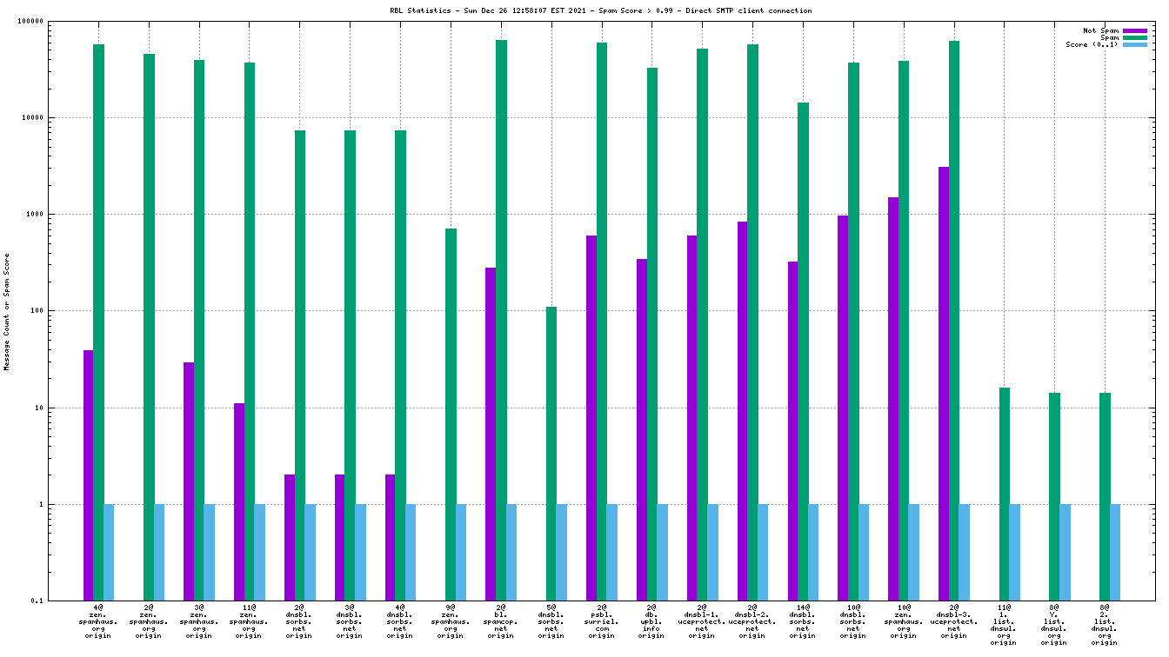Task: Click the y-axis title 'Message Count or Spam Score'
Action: pyautogui.click(x=7, y=312)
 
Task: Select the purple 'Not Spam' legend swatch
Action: pyautogui.click(x=1135, y=30)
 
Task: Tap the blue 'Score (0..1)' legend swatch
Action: pyautogui.click(x=1135, y=44)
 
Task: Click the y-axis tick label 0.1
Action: pyautogui.click(x=61, y=601)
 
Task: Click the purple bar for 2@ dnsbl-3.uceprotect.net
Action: pyautogui.click(x=944, y=382)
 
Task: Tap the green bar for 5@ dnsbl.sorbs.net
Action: pyautogui.click(x=551, y=453)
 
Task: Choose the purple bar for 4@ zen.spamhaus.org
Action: pyautogui.click(x=89, y=474)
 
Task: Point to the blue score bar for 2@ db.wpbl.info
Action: pyautogui.click(x=662, y=552)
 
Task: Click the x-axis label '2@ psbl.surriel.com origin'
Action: pyautogui.click(x=601, y=620)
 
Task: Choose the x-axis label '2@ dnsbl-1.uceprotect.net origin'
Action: pyautogui.click(x=702, y=620)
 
